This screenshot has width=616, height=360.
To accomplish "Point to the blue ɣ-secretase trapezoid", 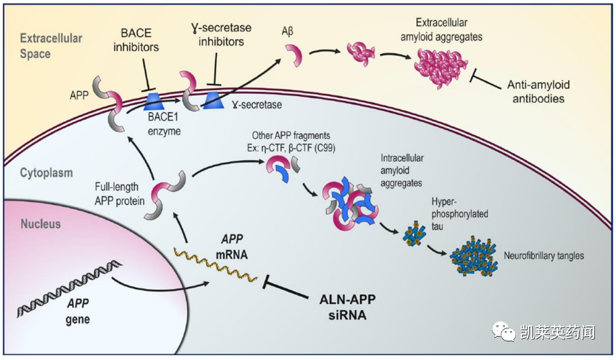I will (x=214, y=100).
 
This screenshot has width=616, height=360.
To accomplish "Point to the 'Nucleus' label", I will (x=40, y=224).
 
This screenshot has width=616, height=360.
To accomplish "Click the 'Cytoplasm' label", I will (x=47, y=173).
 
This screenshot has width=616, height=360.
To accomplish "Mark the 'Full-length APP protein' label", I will (x=116, y=194).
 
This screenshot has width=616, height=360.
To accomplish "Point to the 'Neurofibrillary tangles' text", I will (x=543, y=256).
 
